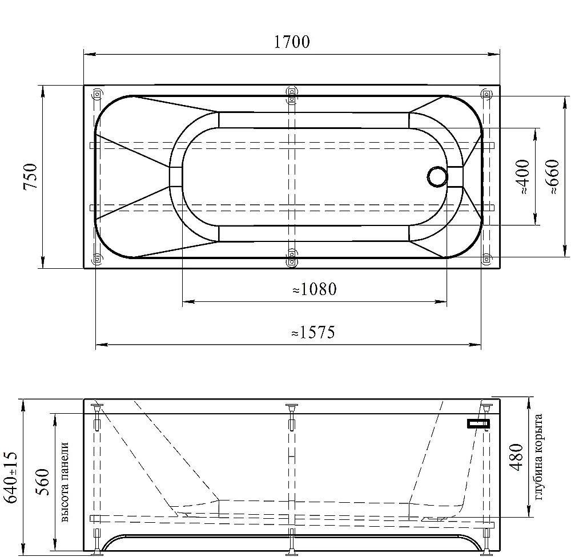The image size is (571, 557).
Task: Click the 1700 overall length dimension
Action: (292, 42)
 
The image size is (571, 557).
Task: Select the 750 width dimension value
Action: (30, 176)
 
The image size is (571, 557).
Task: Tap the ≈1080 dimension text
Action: (315, 289)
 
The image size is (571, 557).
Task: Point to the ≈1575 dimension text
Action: (313, 332)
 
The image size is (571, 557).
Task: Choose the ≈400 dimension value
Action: (523, 176)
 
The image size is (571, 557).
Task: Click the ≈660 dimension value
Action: (552, 176)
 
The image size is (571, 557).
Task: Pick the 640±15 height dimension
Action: (10, 477)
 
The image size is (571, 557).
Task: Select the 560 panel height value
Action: (42, 482)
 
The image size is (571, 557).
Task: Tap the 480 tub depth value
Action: (516, 457)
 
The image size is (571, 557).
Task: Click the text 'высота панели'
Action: (64, 482)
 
